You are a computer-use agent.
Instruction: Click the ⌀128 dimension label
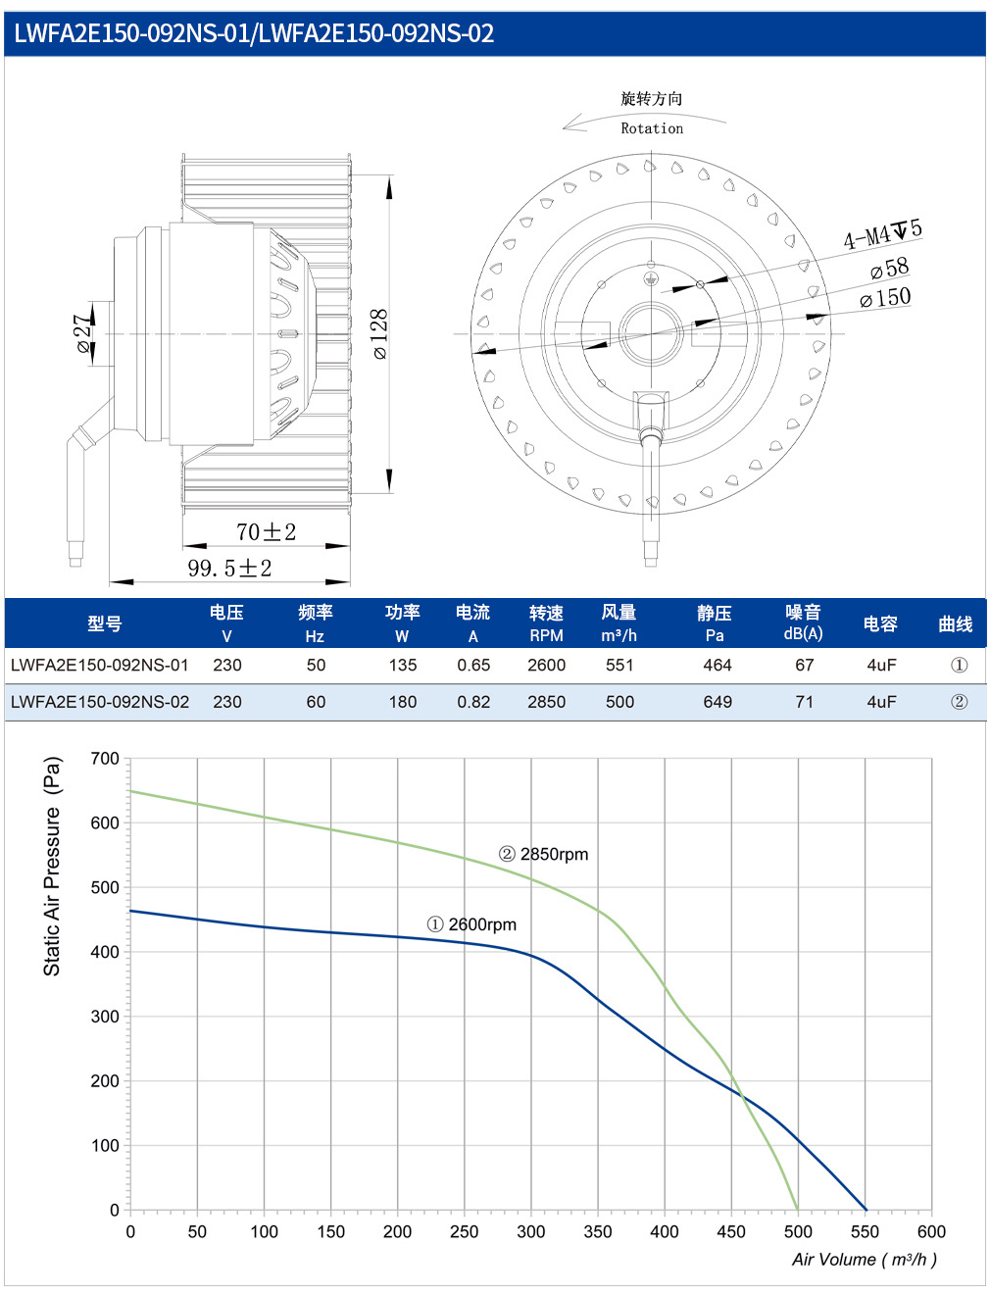380,333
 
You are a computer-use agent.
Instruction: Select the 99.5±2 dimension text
229,569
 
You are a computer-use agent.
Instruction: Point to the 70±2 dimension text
266,531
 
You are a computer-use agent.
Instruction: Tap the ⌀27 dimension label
84,333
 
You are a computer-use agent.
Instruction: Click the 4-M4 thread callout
882,233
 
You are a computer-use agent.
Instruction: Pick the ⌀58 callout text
890,269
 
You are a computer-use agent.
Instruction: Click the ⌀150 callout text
885,297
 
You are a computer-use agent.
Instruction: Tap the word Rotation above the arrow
652,128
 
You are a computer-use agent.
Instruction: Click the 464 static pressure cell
717,665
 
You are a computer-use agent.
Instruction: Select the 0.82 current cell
473,702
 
